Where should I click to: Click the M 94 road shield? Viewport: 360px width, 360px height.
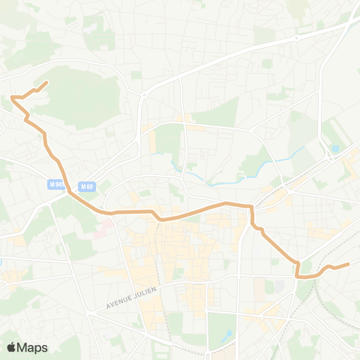pyautogui.click(x=55, y=184)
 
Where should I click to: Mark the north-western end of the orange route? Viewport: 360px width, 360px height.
pyautogui.click(x=48, y=82)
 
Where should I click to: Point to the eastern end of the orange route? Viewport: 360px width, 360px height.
pyautogui.click(x=349, y=264)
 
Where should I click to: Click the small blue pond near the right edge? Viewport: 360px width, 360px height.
pyautogui.click(x=334, y=149)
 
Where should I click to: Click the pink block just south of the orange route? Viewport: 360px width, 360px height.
pyautogui.click(x=100, y=223)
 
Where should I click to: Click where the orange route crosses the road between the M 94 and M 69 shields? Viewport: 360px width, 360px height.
pyautogui.click(x=70, y=191)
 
